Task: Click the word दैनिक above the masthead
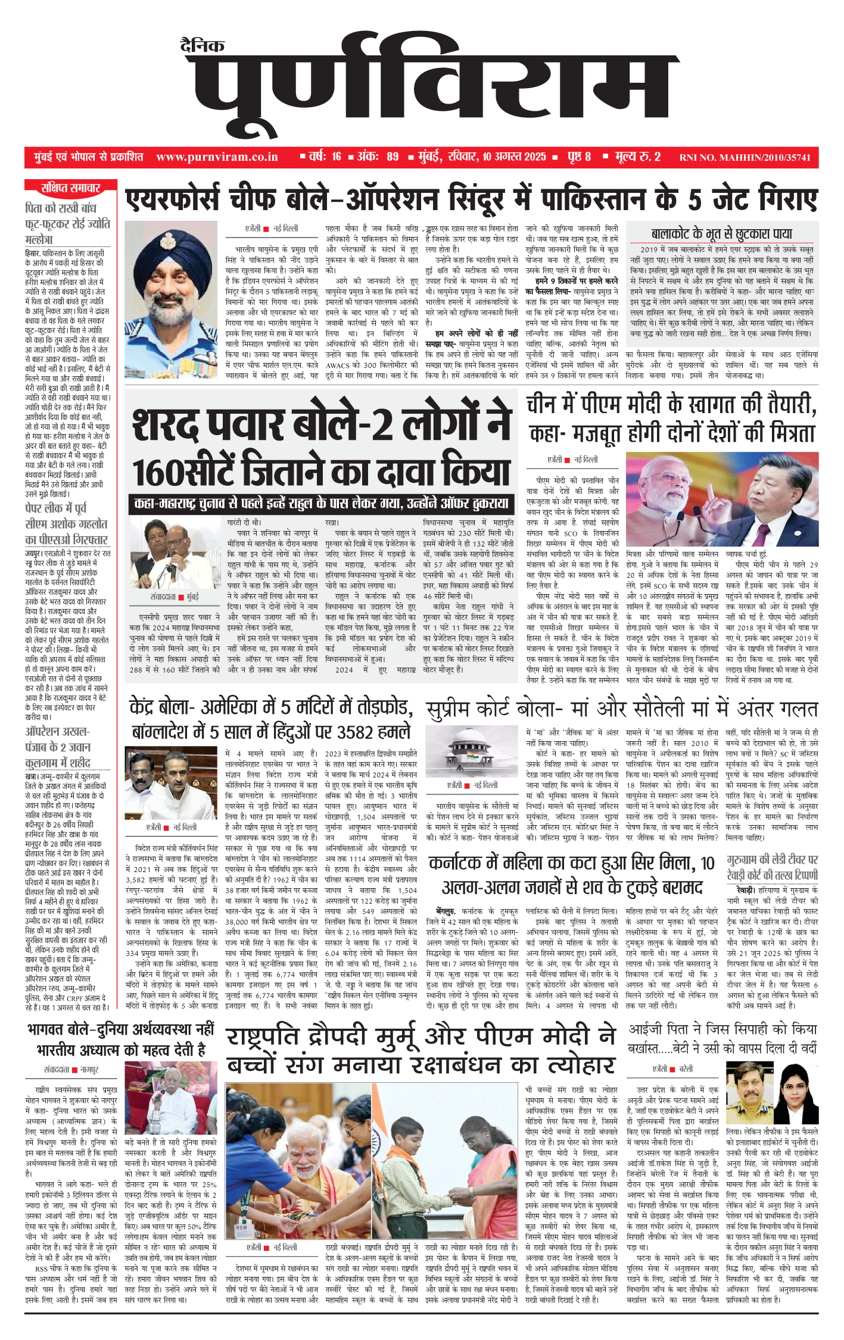pos(203,46)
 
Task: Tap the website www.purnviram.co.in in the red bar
pos(217,157)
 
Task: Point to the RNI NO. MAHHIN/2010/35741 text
pos(745,158)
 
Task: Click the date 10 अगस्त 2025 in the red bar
pos(514,157)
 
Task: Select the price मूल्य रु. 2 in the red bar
pos(638,157)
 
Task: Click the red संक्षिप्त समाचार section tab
pos(70,189)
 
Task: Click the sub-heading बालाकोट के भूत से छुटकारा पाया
pos(721,234)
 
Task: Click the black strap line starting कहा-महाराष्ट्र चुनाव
pos(321,504)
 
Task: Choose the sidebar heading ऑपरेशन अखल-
pos(57,731)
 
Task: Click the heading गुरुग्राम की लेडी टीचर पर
pos(772,860)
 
